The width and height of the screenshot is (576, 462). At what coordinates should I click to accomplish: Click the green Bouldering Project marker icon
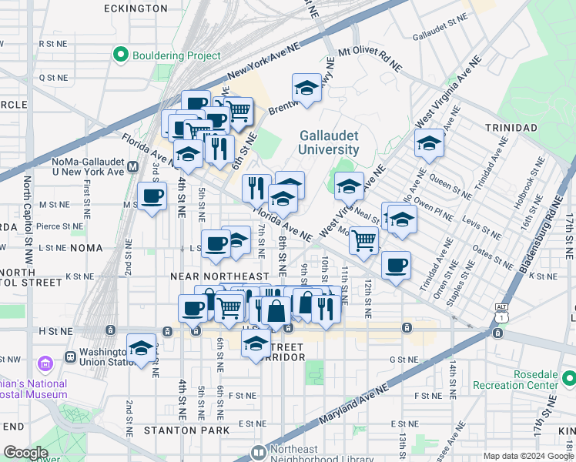120,55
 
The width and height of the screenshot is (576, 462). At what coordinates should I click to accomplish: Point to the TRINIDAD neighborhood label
510,127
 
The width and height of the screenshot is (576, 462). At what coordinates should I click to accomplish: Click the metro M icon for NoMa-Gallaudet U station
133,166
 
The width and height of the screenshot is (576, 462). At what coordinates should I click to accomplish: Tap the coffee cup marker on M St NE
152,196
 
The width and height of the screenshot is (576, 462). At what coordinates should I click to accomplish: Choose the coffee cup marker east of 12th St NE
396,266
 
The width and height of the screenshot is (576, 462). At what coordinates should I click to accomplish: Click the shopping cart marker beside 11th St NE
363,240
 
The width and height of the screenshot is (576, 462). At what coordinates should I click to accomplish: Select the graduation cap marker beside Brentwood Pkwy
306,89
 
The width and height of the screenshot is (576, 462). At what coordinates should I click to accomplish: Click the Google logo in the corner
25,452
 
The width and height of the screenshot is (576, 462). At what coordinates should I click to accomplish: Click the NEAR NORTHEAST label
220,276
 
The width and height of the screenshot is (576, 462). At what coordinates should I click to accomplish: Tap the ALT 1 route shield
501,312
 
